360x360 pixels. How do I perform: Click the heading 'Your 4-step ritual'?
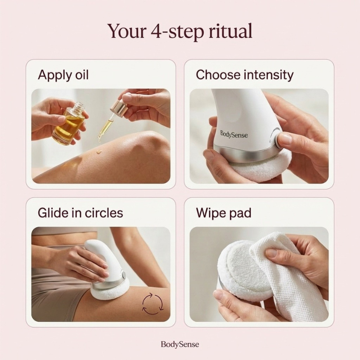[x=180, y=31]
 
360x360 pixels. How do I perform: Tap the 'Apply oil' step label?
[x=63, y=75]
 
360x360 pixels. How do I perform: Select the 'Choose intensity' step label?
[x=244, y=75]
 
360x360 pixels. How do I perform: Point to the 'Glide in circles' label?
[x=81, y=212]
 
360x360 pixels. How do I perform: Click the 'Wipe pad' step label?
[x=224, y=213]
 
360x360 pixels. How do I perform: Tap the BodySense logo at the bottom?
[x=180, y=344]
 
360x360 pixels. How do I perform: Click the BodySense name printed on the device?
[x=234, y=134]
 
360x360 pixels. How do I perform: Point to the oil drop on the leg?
[x=99, y=152]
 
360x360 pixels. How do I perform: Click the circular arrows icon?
[x=153, y=303]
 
